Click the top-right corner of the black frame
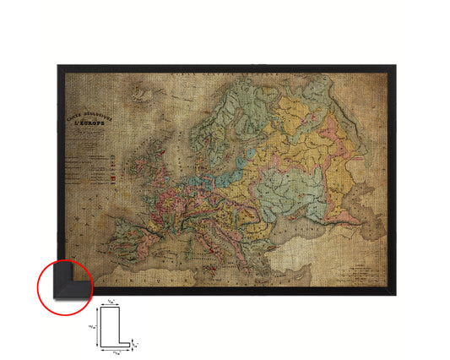point(393,66)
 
